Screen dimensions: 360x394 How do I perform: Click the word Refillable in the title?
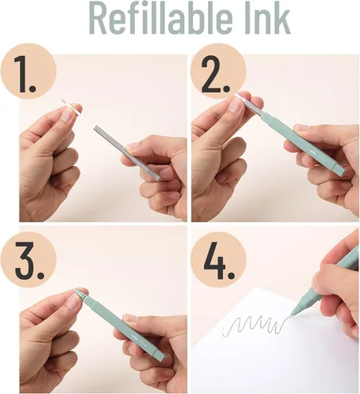coord(161,17)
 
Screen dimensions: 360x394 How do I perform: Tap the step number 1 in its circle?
coord(24,74)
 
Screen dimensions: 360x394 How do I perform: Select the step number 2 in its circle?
coord(216,74)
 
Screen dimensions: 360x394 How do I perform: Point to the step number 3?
coord(29,260)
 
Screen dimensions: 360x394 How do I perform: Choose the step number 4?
coord(219,260)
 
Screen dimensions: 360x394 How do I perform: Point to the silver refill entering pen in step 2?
coord(253,107)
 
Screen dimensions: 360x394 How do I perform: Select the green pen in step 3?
coord(120,325)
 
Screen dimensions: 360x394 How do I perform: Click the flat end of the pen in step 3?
coord(161,357)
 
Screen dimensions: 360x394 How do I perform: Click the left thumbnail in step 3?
coord(73,302)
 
